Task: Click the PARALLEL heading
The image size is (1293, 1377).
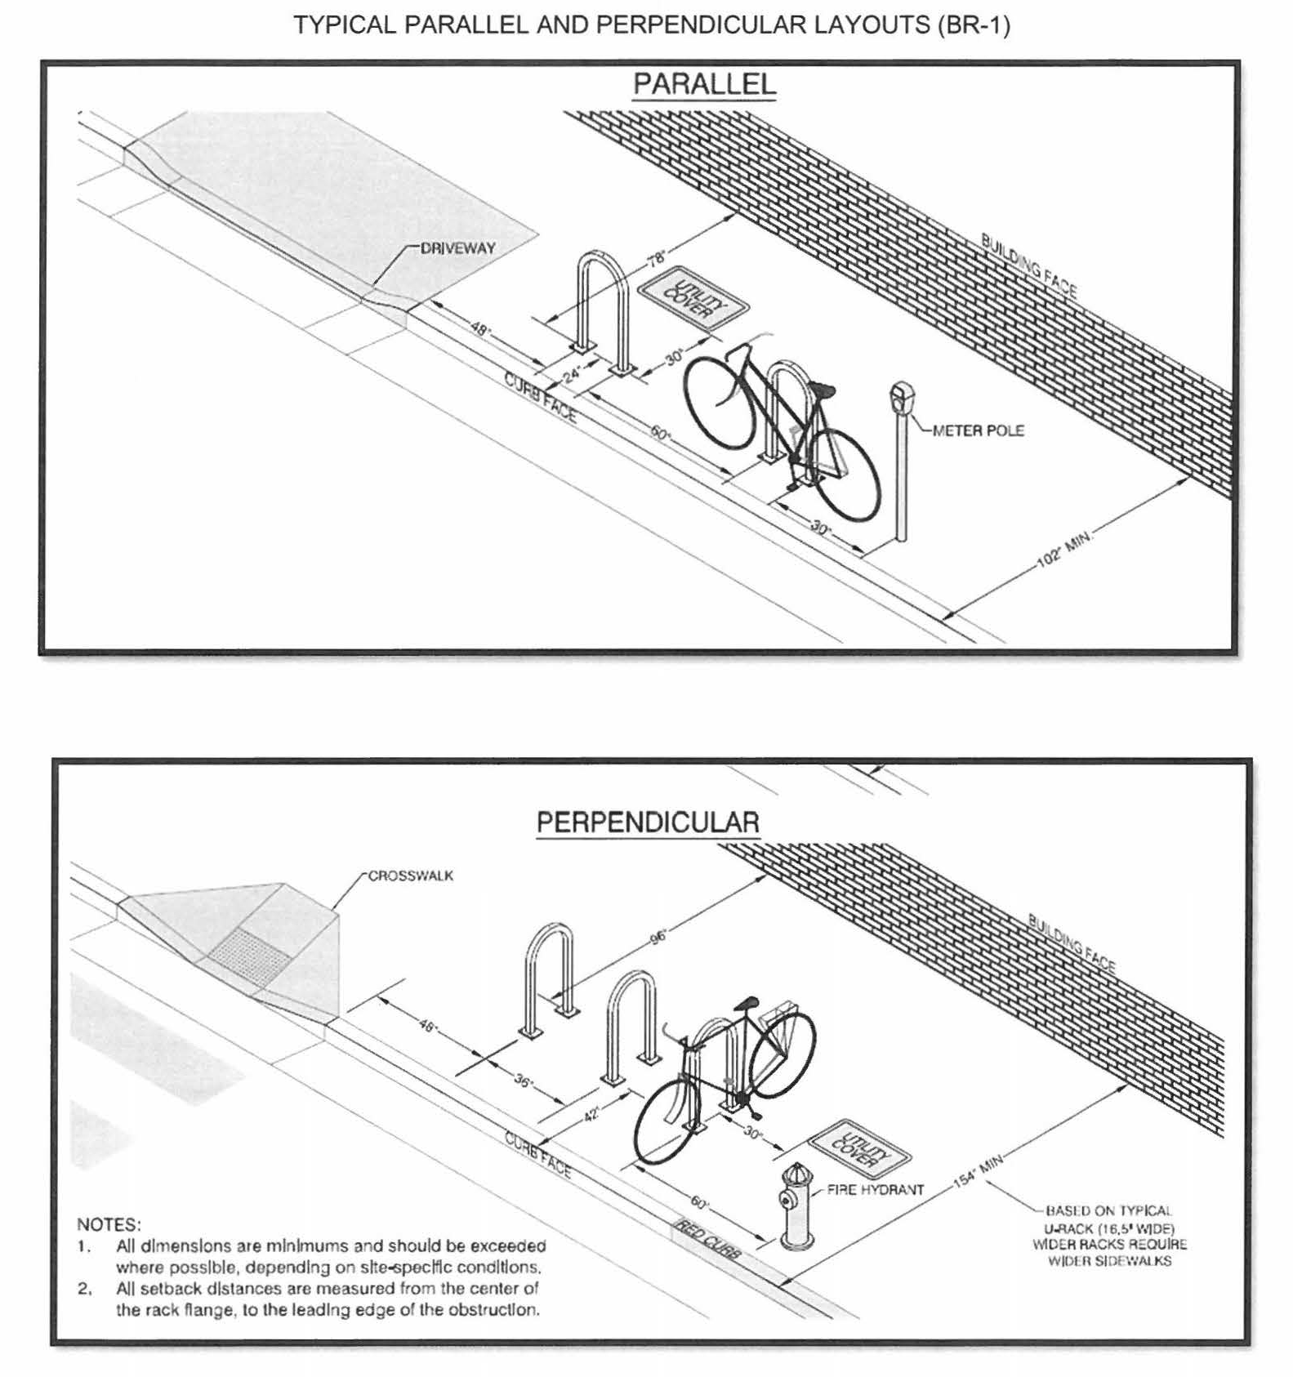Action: point(704,84)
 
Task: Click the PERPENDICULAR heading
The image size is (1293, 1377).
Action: point(648,822)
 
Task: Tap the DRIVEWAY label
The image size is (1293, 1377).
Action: point(457,248)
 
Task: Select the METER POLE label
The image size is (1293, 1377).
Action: point(978,430)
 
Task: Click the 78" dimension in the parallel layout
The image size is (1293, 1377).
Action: point(657,260)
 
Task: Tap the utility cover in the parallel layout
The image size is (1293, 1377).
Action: point(693,297)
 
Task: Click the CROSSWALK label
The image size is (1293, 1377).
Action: point(411,876)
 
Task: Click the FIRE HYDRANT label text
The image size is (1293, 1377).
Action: point(875,1189)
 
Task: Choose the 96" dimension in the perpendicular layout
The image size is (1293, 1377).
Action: point(658,937)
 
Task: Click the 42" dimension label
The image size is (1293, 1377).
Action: point(592,1112)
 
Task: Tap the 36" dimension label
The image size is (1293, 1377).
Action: point(524,1082)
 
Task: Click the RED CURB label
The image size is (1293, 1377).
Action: point(706,1239)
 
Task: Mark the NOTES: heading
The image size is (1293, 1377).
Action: point(109,1224)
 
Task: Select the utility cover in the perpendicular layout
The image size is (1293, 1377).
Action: point(859,1146)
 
